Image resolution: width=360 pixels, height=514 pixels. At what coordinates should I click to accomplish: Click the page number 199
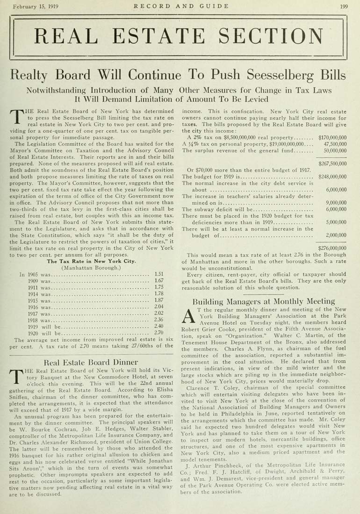coord(344,6)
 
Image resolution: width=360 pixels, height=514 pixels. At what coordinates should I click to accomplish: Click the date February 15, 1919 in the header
coord(35,6)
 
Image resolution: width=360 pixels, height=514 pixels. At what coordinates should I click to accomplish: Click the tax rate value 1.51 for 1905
coord(158,275)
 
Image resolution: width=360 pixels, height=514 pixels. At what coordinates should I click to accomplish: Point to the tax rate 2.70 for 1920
coord(158,332)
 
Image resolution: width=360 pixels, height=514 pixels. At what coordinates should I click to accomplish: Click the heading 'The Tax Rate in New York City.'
coord(91,261)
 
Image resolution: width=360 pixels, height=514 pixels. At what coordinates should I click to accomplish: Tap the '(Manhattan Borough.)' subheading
coord(91,268)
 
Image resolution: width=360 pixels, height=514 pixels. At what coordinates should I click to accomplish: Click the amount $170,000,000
coord(332,138)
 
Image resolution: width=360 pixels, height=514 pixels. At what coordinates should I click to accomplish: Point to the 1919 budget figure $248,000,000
coord(332,177)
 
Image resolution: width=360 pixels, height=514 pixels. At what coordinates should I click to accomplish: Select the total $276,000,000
coord(332,248)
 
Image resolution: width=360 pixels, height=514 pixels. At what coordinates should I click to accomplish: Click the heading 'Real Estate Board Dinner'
coord(91,362)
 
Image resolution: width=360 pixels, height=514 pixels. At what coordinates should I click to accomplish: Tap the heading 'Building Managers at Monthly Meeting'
coord(264,301)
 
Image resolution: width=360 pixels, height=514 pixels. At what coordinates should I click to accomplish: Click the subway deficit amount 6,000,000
coord(336,210)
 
